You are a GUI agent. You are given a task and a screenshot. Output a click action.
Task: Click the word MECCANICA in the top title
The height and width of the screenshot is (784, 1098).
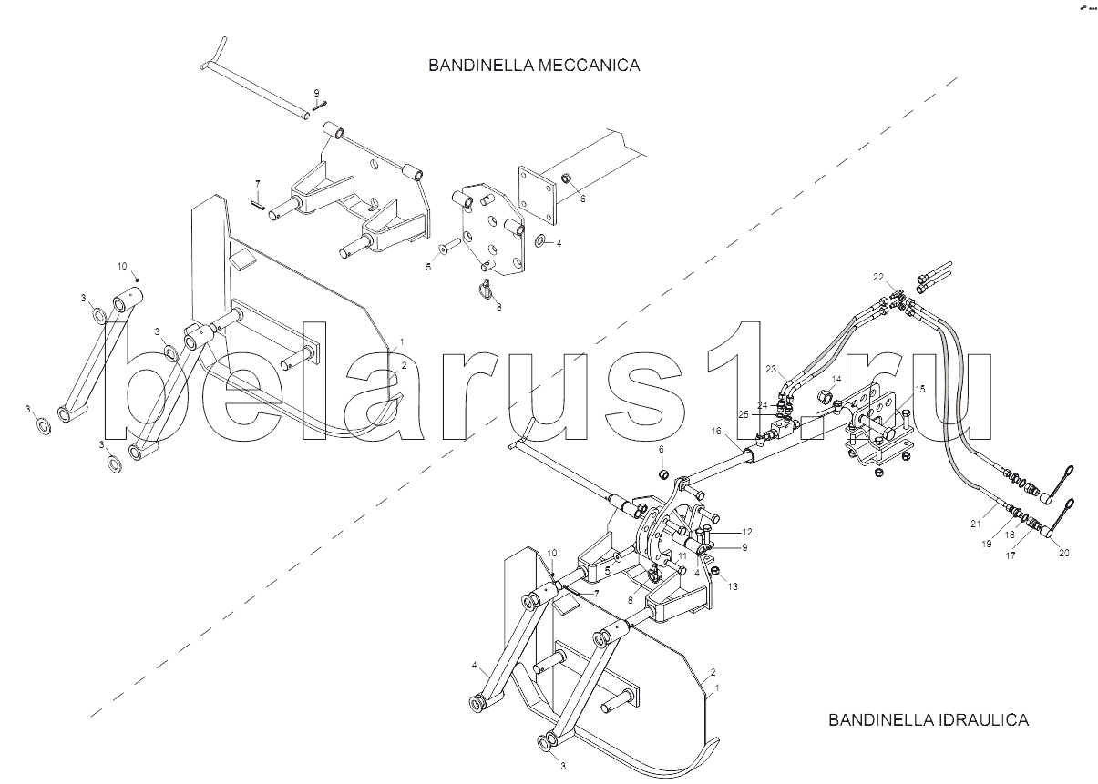589,66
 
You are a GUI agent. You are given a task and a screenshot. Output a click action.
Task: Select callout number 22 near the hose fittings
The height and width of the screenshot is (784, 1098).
877,277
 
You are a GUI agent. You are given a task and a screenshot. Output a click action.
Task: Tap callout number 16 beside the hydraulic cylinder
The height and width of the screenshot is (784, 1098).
716,431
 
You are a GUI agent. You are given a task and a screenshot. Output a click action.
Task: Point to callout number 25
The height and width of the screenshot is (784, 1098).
744,415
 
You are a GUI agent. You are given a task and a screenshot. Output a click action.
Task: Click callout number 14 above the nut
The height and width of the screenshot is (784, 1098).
836,379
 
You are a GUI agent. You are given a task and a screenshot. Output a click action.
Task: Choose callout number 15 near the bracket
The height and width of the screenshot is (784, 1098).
920,389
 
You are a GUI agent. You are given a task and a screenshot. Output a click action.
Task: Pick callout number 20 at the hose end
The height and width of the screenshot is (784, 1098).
1063,553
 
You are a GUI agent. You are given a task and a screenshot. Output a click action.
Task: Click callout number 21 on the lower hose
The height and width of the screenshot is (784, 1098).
976,524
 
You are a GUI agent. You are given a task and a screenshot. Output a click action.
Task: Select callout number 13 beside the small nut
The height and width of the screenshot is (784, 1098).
733,586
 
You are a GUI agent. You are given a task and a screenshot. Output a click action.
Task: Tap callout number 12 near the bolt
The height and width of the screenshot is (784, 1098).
747,532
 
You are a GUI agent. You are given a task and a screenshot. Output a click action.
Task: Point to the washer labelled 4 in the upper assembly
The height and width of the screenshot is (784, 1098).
539,240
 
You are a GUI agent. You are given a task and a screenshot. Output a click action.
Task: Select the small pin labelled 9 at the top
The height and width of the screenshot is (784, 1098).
320,106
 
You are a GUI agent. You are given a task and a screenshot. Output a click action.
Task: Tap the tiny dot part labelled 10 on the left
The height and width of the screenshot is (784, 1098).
138,280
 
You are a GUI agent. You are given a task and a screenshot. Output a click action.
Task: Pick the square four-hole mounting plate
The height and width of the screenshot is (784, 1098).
538,195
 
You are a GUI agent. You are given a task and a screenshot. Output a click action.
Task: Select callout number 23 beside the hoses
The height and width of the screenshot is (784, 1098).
771,369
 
